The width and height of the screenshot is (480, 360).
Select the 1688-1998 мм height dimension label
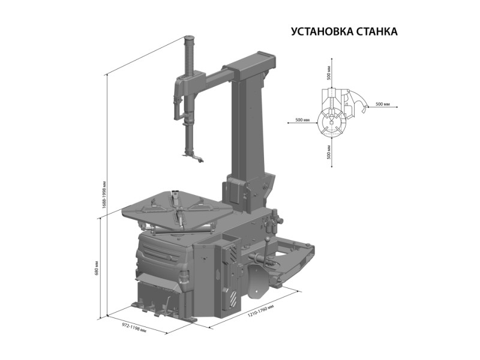click(104, 194)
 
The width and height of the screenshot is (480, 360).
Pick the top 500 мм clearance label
click(329, 73)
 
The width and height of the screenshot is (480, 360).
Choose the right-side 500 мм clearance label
click(382, 104)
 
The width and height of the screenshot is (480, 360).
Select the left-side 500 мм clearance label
click(302, 119)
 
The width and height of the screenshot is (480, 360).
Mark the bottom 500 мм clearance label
click(329, 152)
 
